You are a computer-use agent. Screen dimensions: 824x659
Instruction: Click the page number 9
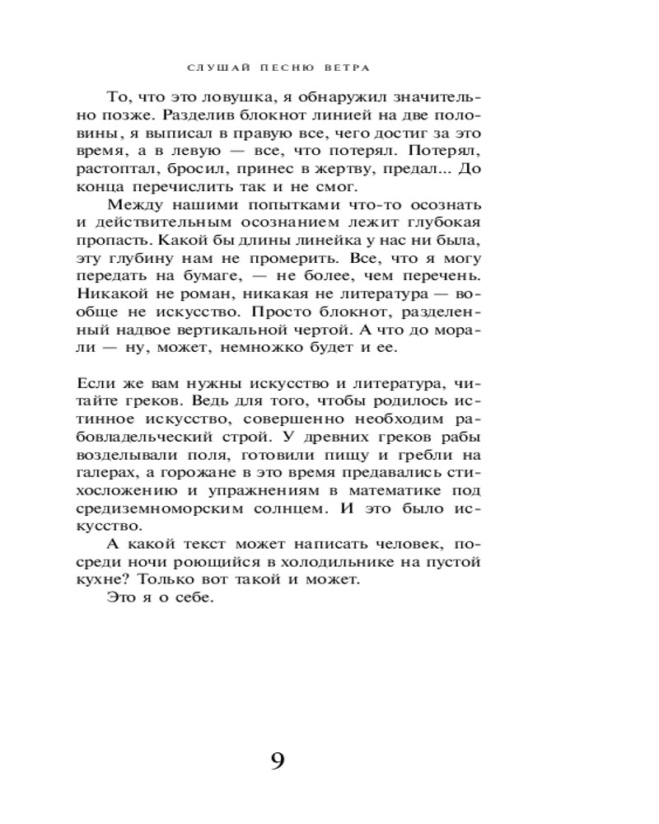coord(278,761)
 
